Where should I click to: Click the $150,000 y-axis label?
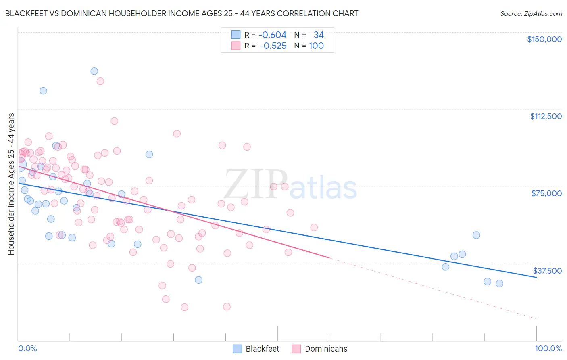click(544, 39)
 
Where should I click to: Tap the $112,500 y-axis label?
click(546, 116)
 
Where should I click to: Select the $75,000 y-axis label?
click(546, 193)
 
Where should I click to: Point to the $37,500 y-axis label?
click(547, 271)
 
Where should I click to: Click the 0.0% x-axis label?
click(27, 349)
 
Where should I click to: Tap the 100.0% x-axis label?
click(548, 349)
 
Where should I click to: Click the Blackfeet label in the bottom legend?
click(262, 349)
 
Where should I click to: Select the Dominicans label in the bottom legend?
click(326, 349)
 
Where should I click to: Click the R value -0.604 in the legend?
click(272, 35)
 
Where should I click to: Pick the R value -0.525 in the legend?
click(273, 46)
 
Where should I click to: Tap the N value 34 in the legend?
click(319, 35)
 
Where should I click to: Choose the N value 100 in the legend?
click(316, 46)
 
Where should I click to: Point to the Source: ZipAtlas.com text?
click(531, 14)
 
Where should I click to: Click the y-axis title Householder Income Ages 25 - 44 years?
click(11, 184)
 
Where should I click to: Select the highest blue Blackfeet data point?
click(94, 71)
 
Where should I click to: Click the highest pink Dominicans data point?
click(100, 81)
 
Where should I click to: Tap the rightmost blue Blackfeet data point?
click(499, 283)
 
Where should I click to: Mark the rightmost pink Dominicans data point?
click(314, 228)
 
